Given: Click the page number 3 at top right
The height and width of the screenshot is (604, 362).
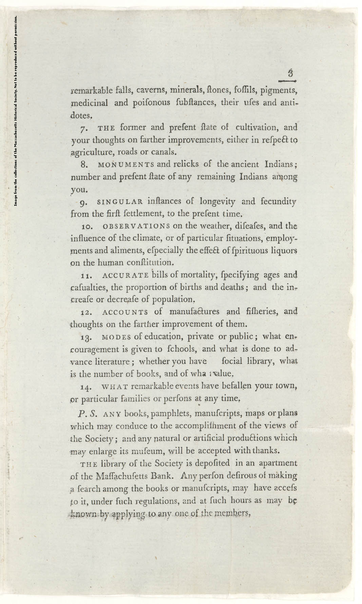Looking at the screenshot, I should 290,73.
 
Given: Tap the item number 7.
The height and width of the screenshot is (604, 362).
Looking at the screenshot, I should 84,129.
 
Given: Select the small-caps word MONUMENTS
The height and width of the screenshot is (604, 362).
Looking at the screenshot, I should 126,165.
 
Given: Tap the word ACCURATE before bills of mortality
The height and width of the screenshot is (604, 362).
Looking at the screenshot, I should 125,275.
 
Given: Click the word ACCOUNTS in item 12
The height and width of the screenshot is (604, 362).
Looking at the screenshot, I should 125,312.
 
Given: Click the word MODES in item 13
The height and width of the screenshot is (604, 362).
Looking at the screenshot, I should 116,337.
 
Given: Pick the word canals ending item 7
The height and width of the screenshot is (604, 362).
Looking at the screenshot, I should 164,152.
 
